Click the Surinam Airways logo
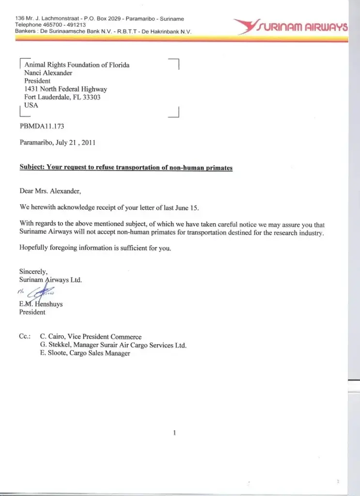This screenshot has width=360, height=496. tap(290, 26)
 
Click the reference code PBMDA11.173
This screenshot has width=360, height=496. tap(42, 126)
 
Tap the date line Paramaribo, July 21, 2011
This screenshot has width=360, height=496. tap(58, 142)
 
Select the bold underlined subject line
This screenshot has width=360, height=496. tap(126, 168)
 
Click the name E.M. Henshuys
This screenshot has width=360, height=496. tap(41, 304)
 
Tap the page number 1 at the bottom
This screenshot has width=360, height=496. tap(174, 433)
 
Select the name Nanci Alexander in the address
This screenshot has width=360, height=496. tap(48, 73)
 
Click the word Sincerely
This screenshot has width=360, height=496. tap(33, 272)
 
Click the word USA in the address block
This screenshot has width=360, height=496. tap(31, 105)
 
